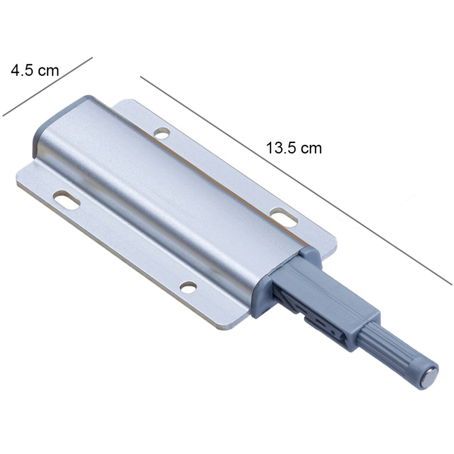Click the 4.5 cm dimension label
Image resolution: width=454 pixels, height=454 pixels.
35,70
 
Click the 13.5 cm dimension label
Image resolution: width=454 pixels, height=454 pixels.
293,148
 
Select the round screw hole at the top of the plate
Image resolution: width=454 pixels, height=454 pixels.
162,133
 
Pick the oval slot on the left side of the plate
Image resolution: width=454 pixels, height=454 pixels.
66,200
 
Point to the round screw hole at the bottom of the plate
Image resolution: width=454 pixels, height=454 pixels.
188,287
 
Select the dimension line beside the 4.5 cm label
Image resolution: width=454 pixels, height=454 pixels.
48,87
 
